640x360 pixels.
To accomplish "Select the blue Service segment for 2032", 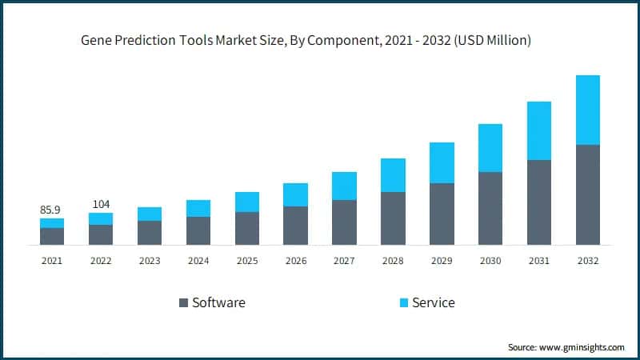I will [x=587, y=110].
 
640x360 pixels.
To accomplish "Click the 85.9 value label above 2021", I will [x=52, y=210].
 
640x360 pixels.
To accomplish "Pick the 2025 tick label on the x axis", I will [x=246, y=260].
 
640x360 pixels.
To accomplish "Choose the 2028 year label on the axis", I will [x=393, y=260].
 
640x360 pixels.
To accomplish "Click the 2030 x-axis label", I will [x=490, y=260].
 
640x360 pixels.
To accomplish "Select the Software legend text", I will [x=218, y=302].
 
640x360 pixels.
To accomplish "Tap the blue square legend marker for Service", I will [x=404, y=302].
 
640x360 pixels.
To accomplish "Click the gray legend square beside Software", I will [x=183, y=302].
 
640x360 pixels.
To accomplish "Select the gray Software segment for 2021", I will [x=52, y=236].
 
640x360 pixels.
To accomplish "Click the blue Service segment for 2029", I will [x=442, y=162].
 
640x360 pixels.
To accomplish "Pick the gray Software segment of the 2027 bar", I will [x=344, y=222].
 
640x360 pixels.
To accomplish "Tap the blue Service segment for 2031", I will [x=538, y=130].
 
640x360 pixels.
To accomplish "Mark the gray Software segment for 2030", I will [x=490, y=208].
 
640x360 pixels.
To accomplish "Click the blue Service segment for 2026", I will [x=295, y=194].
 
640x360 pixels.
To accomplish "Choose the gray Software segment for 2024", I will [x=198, y=230].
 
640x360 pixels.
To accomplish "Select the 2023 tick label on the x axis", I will [x=150, y=260].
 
